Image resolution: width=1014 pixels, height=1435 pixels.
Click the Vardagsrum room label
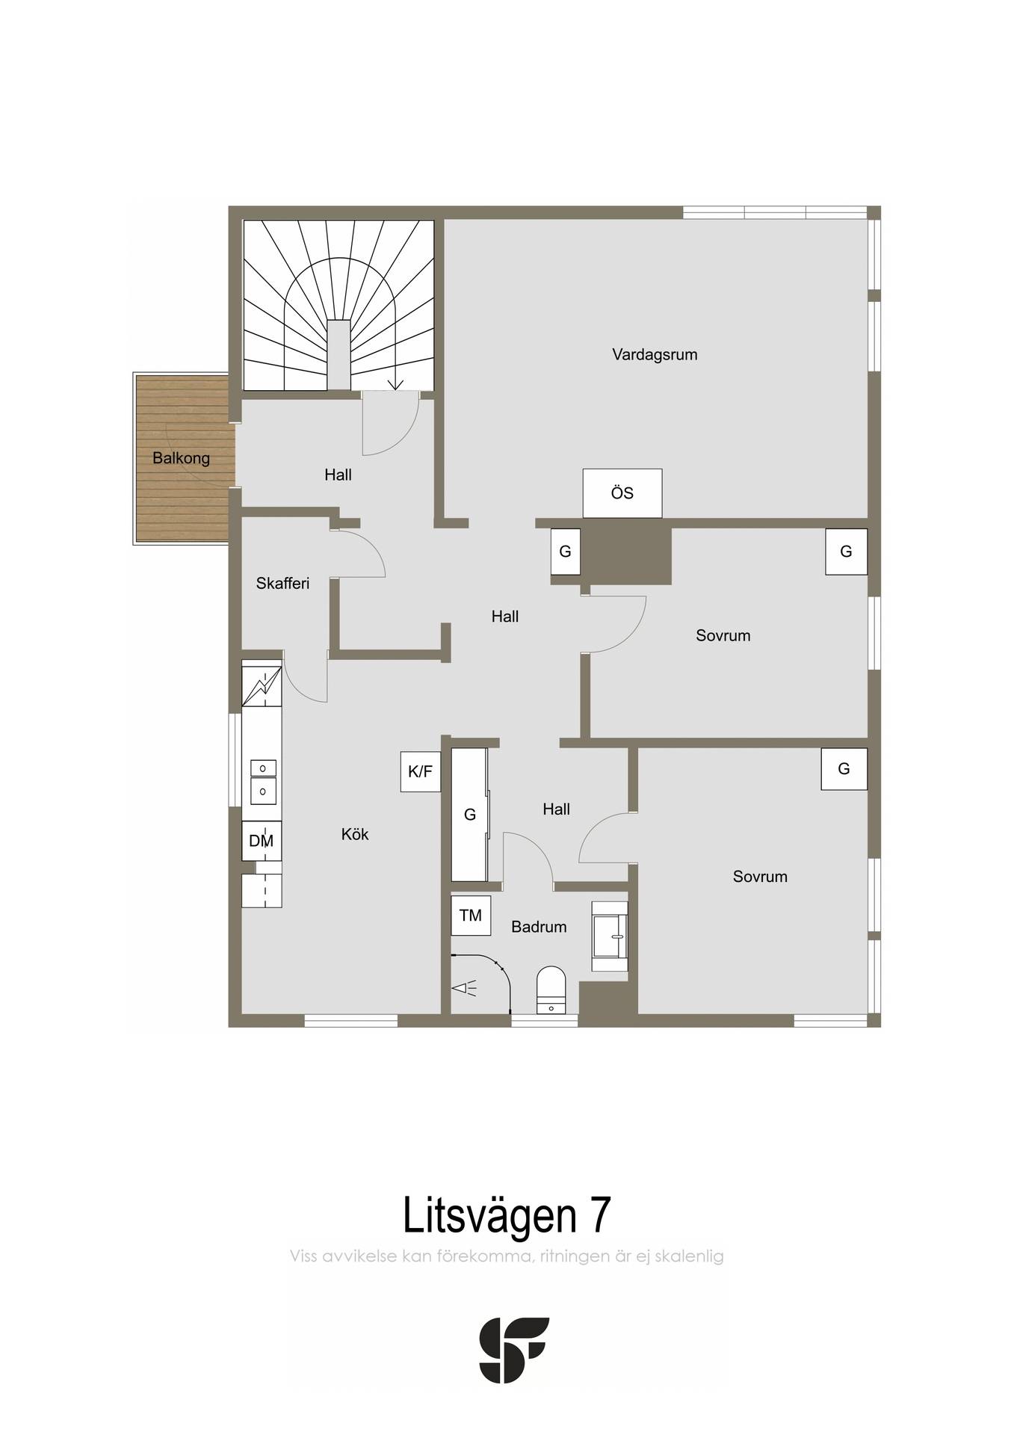pyautogui.click(x=655, y=355)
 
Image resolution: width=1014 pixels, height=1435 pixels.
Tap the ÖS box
pyautogui.click(x=622, y=493)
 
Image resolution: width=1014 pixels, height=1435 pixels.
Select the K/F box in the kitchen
pyautogui.click(x=421, y=772)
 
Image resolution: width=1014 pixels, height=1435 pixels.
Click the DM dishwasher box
pyautogui.click(x=262, y=841)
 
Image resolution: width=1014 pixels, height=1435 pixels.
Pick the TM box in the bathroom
pyautogui.click(x=471, y=916)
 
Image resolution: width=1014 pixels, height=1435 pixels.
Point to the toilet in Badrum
pyautogui.click(x=551, y=991)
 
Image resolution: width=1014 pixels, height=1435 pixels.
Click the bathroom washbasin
pyautogui.click(x=610, y=936)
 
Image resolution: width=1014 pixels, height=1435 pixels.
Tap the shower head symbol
pyautogui.click(x=464, y=989)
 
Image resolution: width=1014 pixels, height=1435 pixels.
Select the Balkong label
pyautogui.click(x=181, y=458)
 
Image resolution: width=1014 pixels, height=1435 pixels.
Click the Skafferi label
pyautogui.click(x=282, y=584)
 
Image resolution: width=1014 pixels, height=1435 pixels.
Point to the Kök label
pyautogui.click(x=355, y=834)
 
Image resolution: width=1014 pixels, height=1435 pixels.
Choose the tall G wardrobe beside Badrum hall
pyautogui.click(x=469, y=815)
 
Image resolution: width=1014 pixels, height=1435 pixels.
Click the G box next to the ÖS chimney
pyautogui.click(x=566, y=552)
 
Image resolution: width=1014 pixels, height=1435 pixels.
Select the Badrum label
pyautogui.click(x=539, y=928)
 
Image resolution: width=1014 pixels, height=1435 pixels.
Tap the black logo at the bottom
pyautogui.click(x=514, y=1350)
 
